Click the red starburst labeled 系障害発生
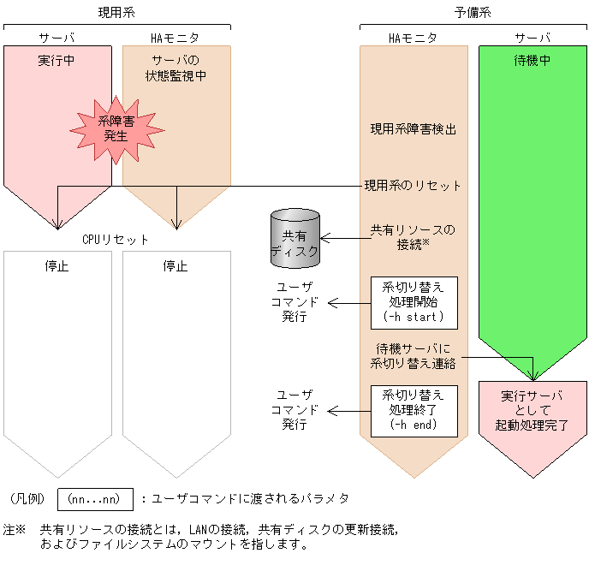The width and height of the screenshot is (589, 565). click(x=116, y=128)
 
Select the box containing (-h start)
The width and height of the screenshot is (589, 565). click(x=413, y=302)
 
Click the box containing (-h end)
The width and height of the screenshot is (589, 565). click(x=413, y=410)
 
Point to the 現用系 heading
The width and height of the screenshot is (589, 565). click(x=116, y=12)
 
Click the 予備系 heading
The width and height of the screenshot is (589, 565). click(x=472, y=12)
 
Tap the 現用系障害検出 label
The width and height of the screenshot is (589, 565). click(x=413, y=129)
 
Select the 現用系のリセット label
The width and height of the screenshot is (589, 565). click(x=413, y=185)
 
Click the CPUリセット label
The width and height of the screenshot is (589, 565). click(x=116, y=240)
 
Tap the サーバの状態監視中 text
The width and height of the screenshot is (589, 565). click(x=176, y=68)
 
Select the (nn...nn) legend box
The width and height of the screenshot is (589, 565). click(x=95, y=498)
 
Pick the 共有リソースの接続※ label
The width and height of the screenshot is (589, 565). click(x=413, y=237)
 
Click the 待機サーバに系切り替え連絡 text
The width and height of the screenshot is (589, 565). click(x=413, y=356)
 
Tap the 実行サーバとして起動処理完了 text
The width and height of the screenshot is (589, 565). click(x=532, y=410)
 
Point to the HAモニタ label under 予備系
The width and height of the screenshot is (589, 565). click(x=413, y=38)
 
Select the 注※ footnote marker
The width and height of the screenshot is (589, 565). click(x=15, y=529)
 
